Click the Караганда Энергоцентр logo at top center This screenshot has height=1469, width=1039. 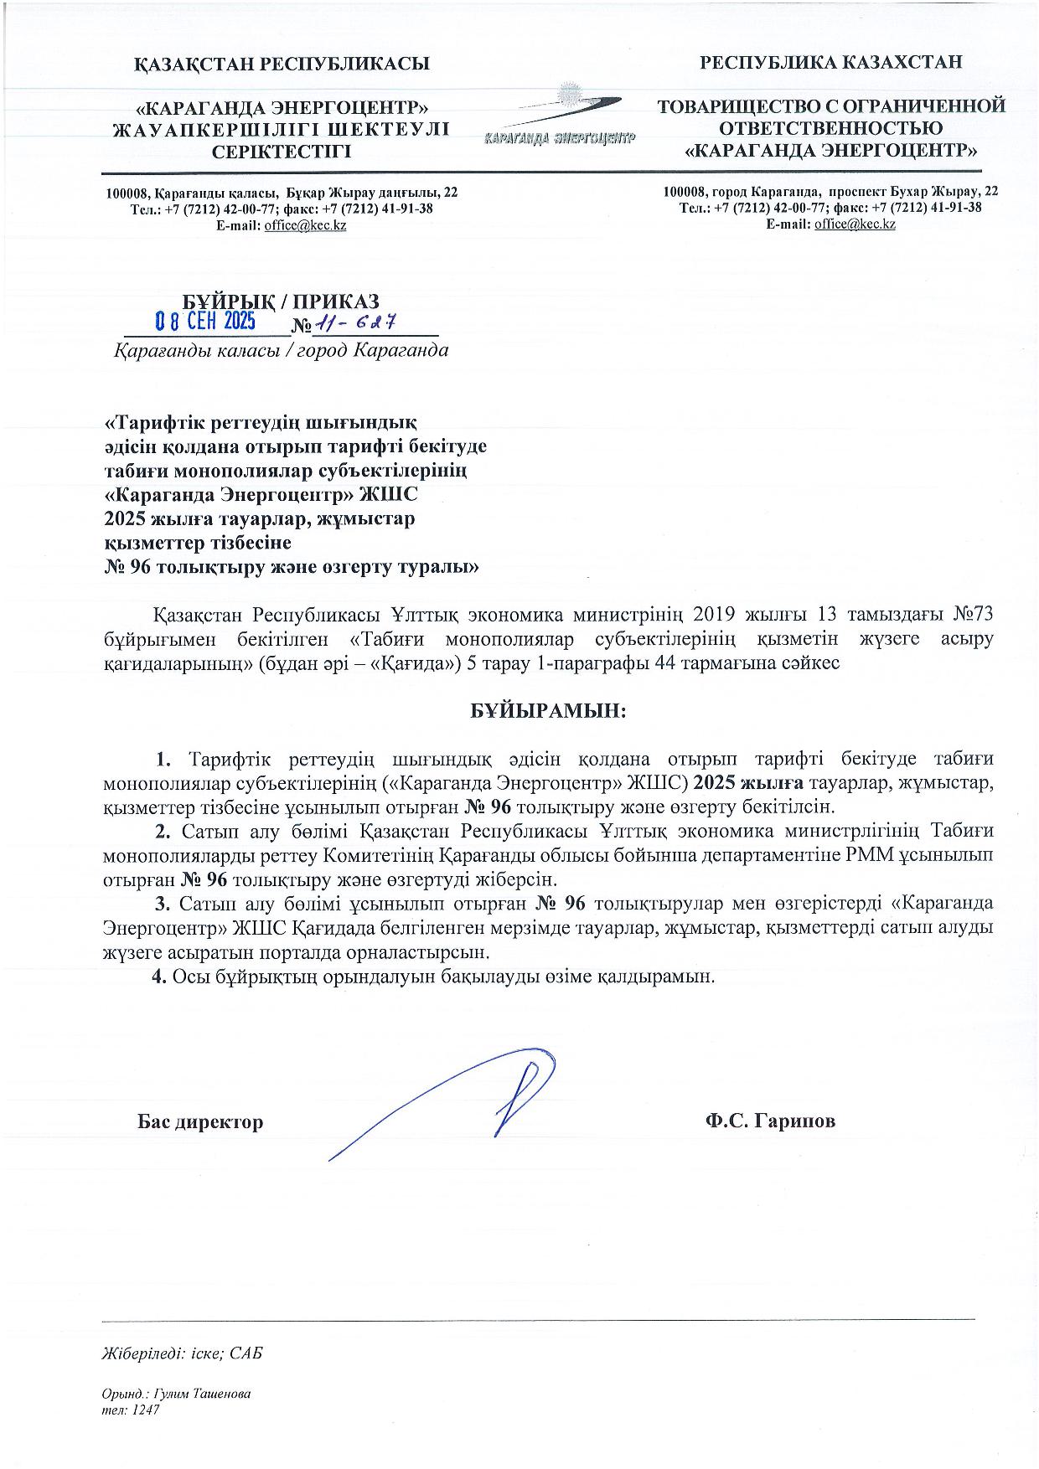click(560, 117)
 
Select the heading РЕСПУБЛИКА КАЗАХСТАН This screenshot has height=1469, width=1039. click(831, 61)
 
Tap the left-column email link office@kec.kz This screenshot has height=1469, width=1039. click(305, 225)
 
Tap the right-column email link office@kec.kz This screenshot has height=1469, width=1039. click(855, 224)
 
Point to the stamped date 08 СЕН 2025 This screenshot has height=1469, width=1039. click(206, 322)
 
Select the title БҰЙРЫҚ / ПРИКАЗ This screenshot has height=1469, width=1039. click(282, 301)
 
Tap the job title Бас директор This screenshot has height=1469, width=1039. click(200, 1121)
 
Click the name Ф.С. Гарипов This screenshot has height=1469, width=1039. click(770, 1121)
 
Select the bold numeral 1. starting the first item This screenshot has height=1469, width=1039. click(163, 760)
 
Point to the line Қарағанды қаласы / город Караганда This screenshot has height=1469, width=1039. click(282, 350)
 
